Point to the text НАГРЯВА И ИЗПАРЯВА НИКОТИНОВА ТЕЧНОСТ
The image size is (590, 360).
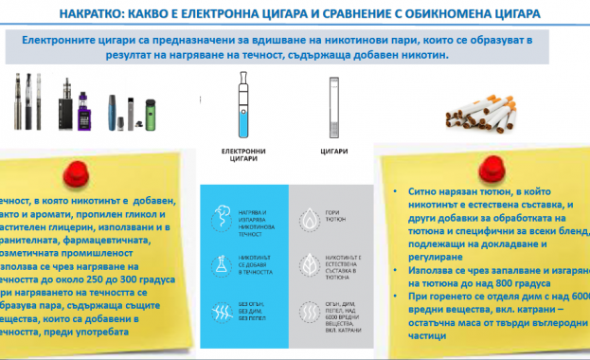click(253, 216)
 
